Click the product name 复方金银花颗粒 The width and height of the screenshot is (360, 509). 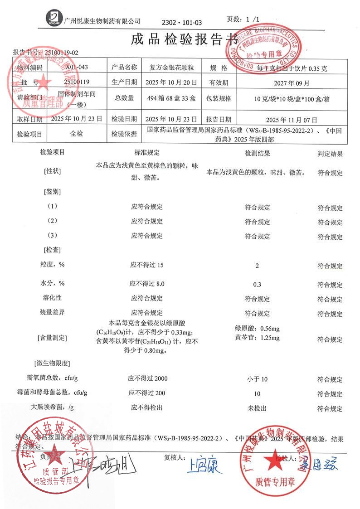click(x=169, y=68)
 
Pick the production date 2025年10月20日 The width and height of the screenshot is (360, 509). click(x=169, y=82)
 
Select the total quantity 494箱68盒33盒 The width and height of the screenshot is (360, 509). click(x=169, y=98)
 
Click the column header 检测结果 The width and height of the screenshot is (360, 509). click(x=257, y=154)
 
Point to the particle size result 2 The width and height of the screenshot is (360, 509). click(x=257, y=266)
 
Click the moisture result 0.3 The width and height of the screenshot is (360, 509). click(x=257, y=284)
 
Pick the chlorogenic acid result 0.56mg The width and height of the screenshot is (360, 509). click(x=257, y=329)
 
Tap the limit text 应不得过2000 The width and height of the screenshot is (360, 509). click(x=146, y=378)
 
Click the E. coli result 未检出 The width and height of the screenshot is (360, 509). click(x=257, y=408)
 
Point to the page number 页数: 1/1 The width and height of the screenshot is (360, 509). click(x=243, y=19)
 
